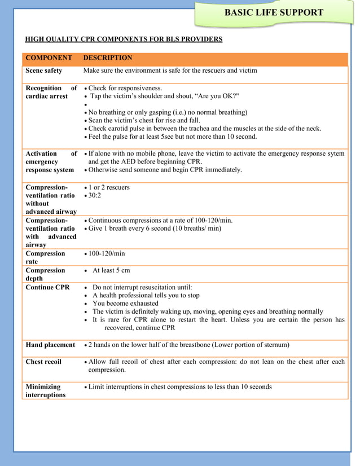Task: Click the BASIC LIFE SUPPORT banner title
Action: (x=274, y=12)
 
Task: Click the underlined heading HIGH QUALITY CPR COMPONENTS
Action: (x=124, y=39)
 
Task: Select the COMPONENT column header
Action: (x=49, y=58)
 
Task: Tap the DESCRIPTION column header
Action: (x=107, y=58)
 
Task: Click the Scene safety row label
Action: (x=44, y=71)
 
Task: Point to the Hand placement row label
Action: (x=50, y=345)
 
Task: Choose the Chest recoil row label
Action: (x=43, y=362)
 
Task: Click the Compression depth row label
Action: (x=45, y=274)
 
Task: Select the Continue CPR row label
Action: (x=48, y=287)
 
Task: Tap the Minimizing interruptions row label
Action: (x=45, y=391)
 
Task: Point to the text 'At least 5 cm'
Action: (x=111, y=270)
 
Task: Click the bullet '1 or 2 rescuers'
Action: (x=108, y=187)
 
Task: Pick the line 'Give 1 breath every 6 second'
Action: (x=155, y=228)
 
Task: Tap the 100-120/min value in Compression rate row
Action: (x=107, y=254)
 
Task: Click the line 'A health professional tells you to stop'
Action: (x=146, y=295)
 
